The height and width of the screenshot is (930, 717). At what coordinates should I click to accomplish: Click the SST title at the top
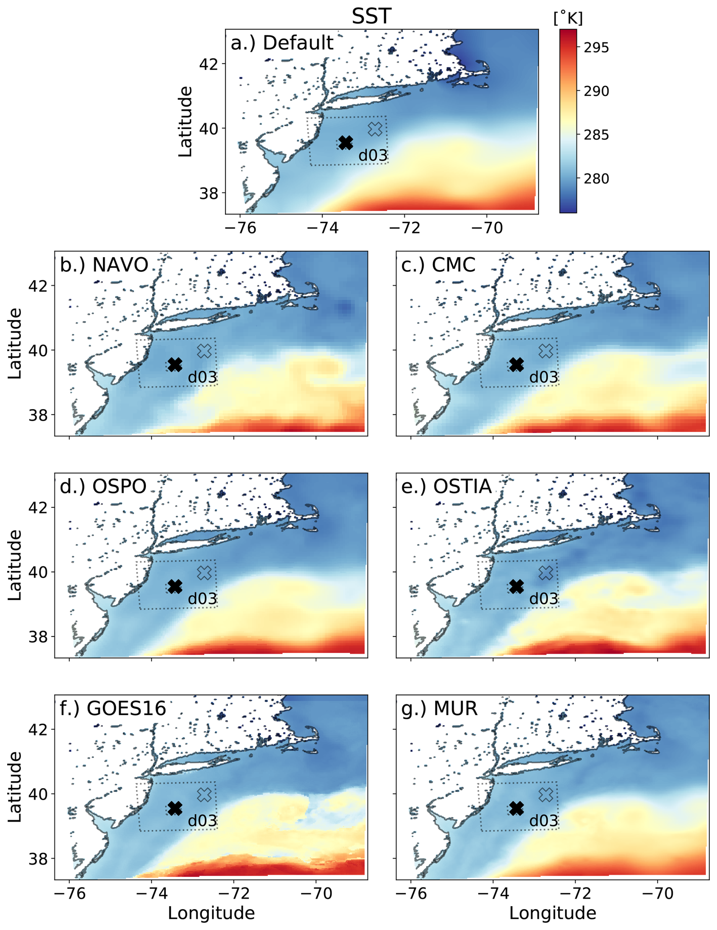[371, 16]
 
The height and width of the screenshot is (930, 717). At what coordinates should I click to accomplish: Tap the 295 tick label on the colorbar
[596, 48]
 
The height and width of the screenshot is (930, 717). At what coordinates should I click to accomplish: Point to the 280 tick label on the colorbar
[596, 179]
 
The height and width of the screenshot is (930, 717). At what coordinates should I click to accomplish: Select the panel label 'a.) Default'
[282, 42]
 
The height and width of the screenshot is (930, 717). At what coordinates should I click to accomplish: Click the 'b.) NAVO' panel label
[104, 265]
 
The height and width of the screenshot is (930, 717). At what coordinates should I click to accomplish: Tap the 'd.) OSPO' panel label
[103, 486]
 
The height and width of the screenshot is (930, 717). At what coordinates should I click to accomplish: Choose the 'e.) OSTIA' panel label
[446, 486]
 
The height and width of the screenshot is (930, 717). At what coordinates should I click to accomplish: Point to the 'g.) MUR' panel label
[439, 708]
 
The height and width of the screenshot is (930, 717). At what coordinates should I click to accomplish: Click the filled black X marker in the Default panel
[346, 143]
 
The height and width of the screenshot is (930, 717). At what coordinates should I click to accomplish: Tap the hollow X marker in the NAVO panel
[205, 351]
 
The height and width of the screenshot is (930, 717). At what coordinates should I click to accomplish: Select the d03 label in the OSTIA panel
[543, 599]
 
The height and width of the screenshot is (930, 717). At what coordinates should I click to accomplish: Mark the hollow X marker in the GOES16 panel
[205, 794]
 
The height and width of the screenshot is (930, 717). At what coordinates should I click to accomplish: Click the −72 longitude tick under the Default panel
[404, 228]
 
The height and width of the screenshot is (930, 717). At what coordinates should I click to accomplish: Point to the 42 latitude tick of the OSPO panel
[38, 507]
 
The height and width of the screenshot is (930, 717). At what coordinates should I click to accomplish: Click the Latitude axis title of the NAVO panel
[15, 343]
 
